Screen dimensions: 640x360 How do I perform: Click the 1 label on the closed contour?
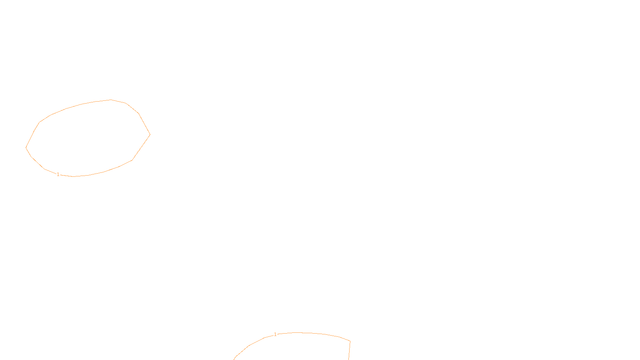[58, 174]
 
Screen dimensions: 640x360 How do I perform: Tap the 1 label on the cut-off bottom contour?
[275, 334]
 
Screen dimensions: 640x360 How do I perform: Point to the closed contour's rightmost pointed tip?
[150, 134]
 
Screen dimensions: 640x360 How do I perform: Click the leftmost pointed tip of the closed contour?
[26, 148]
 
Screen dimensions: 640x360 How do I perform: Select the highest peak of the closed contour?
[110, 100]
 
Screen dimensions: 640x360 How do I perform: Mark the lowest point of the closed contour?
[74, 176]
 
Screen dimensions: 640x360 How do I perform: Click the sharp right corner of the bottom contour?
[350, 341]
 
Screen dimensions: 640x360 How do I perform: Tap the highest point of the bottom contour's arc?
[297, 332]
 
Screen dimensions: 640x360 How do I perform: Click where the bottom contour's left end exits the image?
[234, 360]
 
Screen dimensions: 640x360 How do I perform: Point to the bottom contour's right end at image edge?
[348, 360]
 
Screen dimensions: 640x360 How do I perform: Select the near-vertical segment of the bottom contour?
[349, 350]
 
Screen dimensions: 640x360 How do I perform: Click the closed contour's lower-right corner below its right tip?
[132, 160]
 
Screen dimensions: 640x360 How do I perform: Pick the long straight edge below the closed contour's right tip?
[141, 148]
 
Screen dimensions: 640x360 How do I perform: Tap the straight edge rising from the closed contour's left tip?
[30, 139]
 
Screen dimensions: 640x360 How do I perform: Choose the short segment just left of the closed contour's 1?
[50, 172]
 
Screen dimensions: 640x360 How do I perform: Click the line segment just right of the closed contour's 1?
[66, 176]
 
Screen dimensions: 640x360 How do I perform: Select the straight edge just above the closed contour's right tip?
[144, 124]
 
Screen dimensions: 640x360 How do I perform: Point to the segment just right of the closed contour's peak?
[118, 102]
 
